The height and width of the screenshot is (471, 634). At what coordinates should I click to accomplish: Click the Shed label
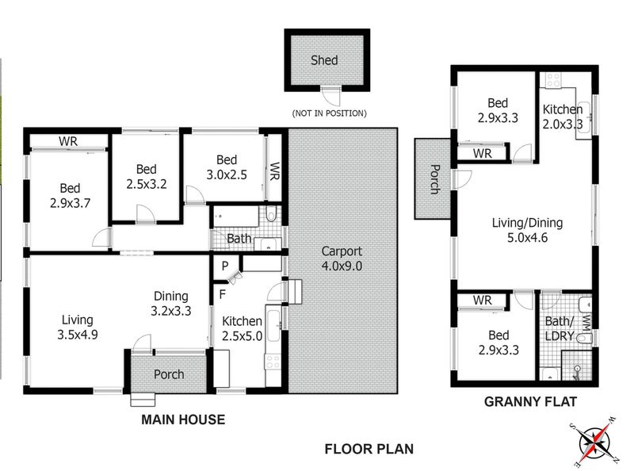click(x=323, y=60)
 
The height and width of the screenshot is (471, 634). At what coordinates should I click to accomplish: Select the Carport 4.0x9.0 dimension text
click(x=341, y=259)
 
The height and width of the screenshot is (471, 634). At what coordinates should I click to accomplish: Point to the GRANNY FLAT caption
click(x=529, y=402)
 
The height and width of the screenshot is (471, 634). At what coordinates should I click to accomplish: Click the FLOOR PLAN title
click(x=369, y=449)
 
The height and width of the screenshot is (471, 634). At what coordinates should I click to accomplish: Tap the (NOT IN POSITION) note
click(x=329, y=113)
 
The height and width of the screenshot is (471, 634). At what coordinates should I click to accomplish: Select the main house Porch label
click(x=168, y=374)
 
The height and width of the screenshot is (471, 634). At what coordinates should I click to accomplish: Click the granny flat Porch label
click(x=434, y=178)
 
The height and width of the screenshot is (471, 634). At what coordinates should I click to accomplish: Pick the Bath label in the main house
click(x=239, y=238)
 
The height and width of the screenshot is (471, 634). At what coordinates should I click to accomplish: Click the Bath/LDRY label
click(x=562, y=328)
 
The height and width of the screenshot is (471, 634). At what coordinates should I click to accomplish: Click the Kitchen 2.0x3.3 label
click(x=563, y=117)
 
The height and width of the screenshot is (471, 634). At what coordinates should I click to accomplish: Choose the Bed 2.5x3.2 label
click(x=146, y=176)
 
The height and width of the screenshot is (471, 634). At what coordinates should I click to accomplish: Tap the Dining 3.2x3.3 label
click(x=172, y=304)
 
